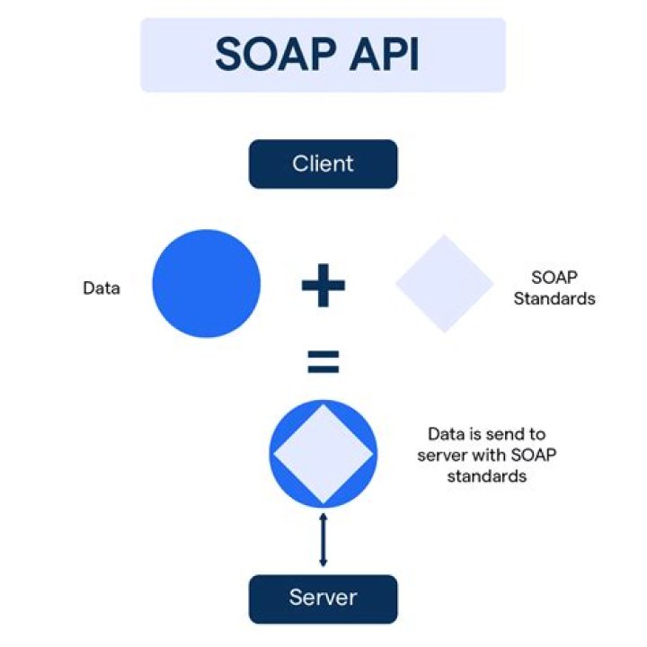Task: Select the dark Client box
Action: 323,164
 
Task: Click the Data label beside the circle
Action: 102,288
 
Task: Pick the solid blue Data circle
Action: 206,284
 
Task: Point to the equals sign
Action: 323,363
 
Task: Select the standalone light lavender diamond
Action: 445,284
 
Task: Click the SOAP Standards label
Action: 554,288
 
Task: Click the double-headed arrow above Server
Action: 323,539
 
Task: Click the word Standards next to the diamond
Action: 554,298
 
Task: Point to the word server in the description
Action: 441,456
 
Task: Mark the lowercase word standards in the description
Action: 485,477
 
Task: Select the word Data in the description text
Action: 446,434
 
